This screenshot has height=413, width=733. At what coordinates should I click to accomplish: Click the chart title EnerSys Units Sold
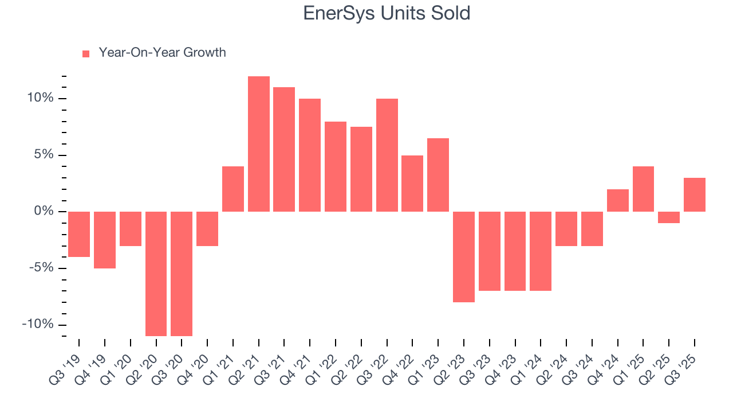(387, 13)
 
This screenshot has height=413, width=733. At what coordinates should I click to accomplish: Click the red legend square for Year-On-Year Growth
(86, 53)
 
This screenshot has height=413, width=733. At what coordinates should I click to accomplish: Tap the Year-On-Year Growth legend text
(162, 53)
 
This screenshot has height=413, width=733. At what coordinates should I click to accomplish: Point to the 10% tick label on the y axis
(40, 99)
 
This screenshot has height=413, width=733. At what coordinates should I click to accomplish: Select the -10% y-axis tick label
(37, 325)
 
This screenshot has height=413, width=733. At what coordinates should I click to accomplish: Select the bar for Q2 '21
(259, 144)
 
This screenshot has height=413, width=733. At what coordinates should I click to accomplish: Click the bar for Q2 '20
(156, 274)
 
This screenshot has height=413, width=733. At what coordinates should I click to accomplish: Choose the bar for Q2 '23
(464, 256)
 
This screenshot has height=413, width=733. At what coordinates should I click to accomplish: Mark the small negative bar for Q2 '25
(669, 217)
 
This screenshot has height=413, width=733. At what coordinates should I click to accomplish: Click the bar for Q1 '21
(233, 189)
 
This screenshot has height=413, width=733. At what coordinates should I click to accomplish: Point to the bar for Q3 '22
(387, 155)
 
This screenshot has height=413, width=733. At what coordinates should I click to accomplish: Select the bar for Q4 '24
(618, 200)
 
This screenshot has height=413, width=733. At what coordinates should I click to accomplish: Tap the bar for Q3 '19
(79, 234)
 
